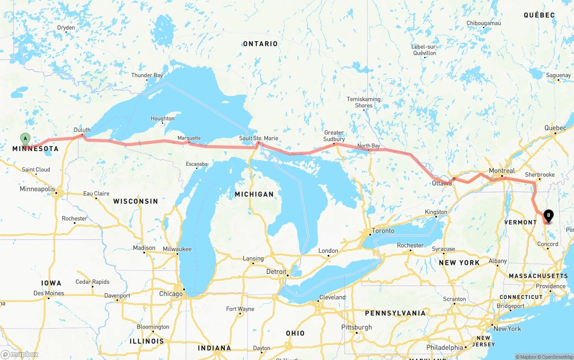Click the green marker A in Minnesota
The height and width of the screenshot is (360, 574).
[x=25, y=139]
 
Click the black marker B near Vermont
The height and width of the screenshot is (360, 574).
[x=548, y=216]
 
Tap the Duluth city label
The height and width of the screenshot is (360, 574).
[x=82, y=130]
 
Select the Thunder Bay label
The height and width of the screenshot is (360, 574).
[x=147, y=75]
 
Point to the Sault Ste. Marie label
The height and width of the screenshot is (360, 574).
[x=258, y=138]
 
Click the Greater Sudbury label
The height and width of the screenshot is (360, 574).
[x=334, y=136]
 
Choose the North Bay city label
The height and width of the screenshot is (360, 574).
[x=369, y=146]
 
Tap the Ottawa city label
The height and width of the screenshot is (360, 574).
[x=441, y=183]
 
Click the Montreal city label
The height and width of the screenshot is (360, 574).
[x=502, y=171]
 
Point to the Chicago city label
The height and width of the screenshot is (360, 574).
[x=171, y=294]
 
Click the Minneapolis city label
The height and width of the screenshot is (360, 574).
[x=37, y=189]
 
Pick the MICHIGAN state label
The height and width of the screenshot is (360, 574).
[x=254, y=194]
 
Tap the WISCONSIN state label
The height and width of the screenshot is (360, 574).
[x=135, y=201]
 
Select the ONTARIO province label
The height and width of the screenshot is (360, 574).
[x=260, y=43]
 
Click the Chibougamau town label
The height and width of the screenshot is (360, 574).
[x=483, y=23]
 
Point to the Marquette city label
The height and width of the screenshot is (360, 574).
[x=189, y=138]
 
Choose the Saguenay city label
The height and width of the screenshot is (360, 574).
[x=558, y=75]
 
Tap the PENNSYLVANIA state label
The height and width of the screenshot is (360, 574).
[x=395, y=313]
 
